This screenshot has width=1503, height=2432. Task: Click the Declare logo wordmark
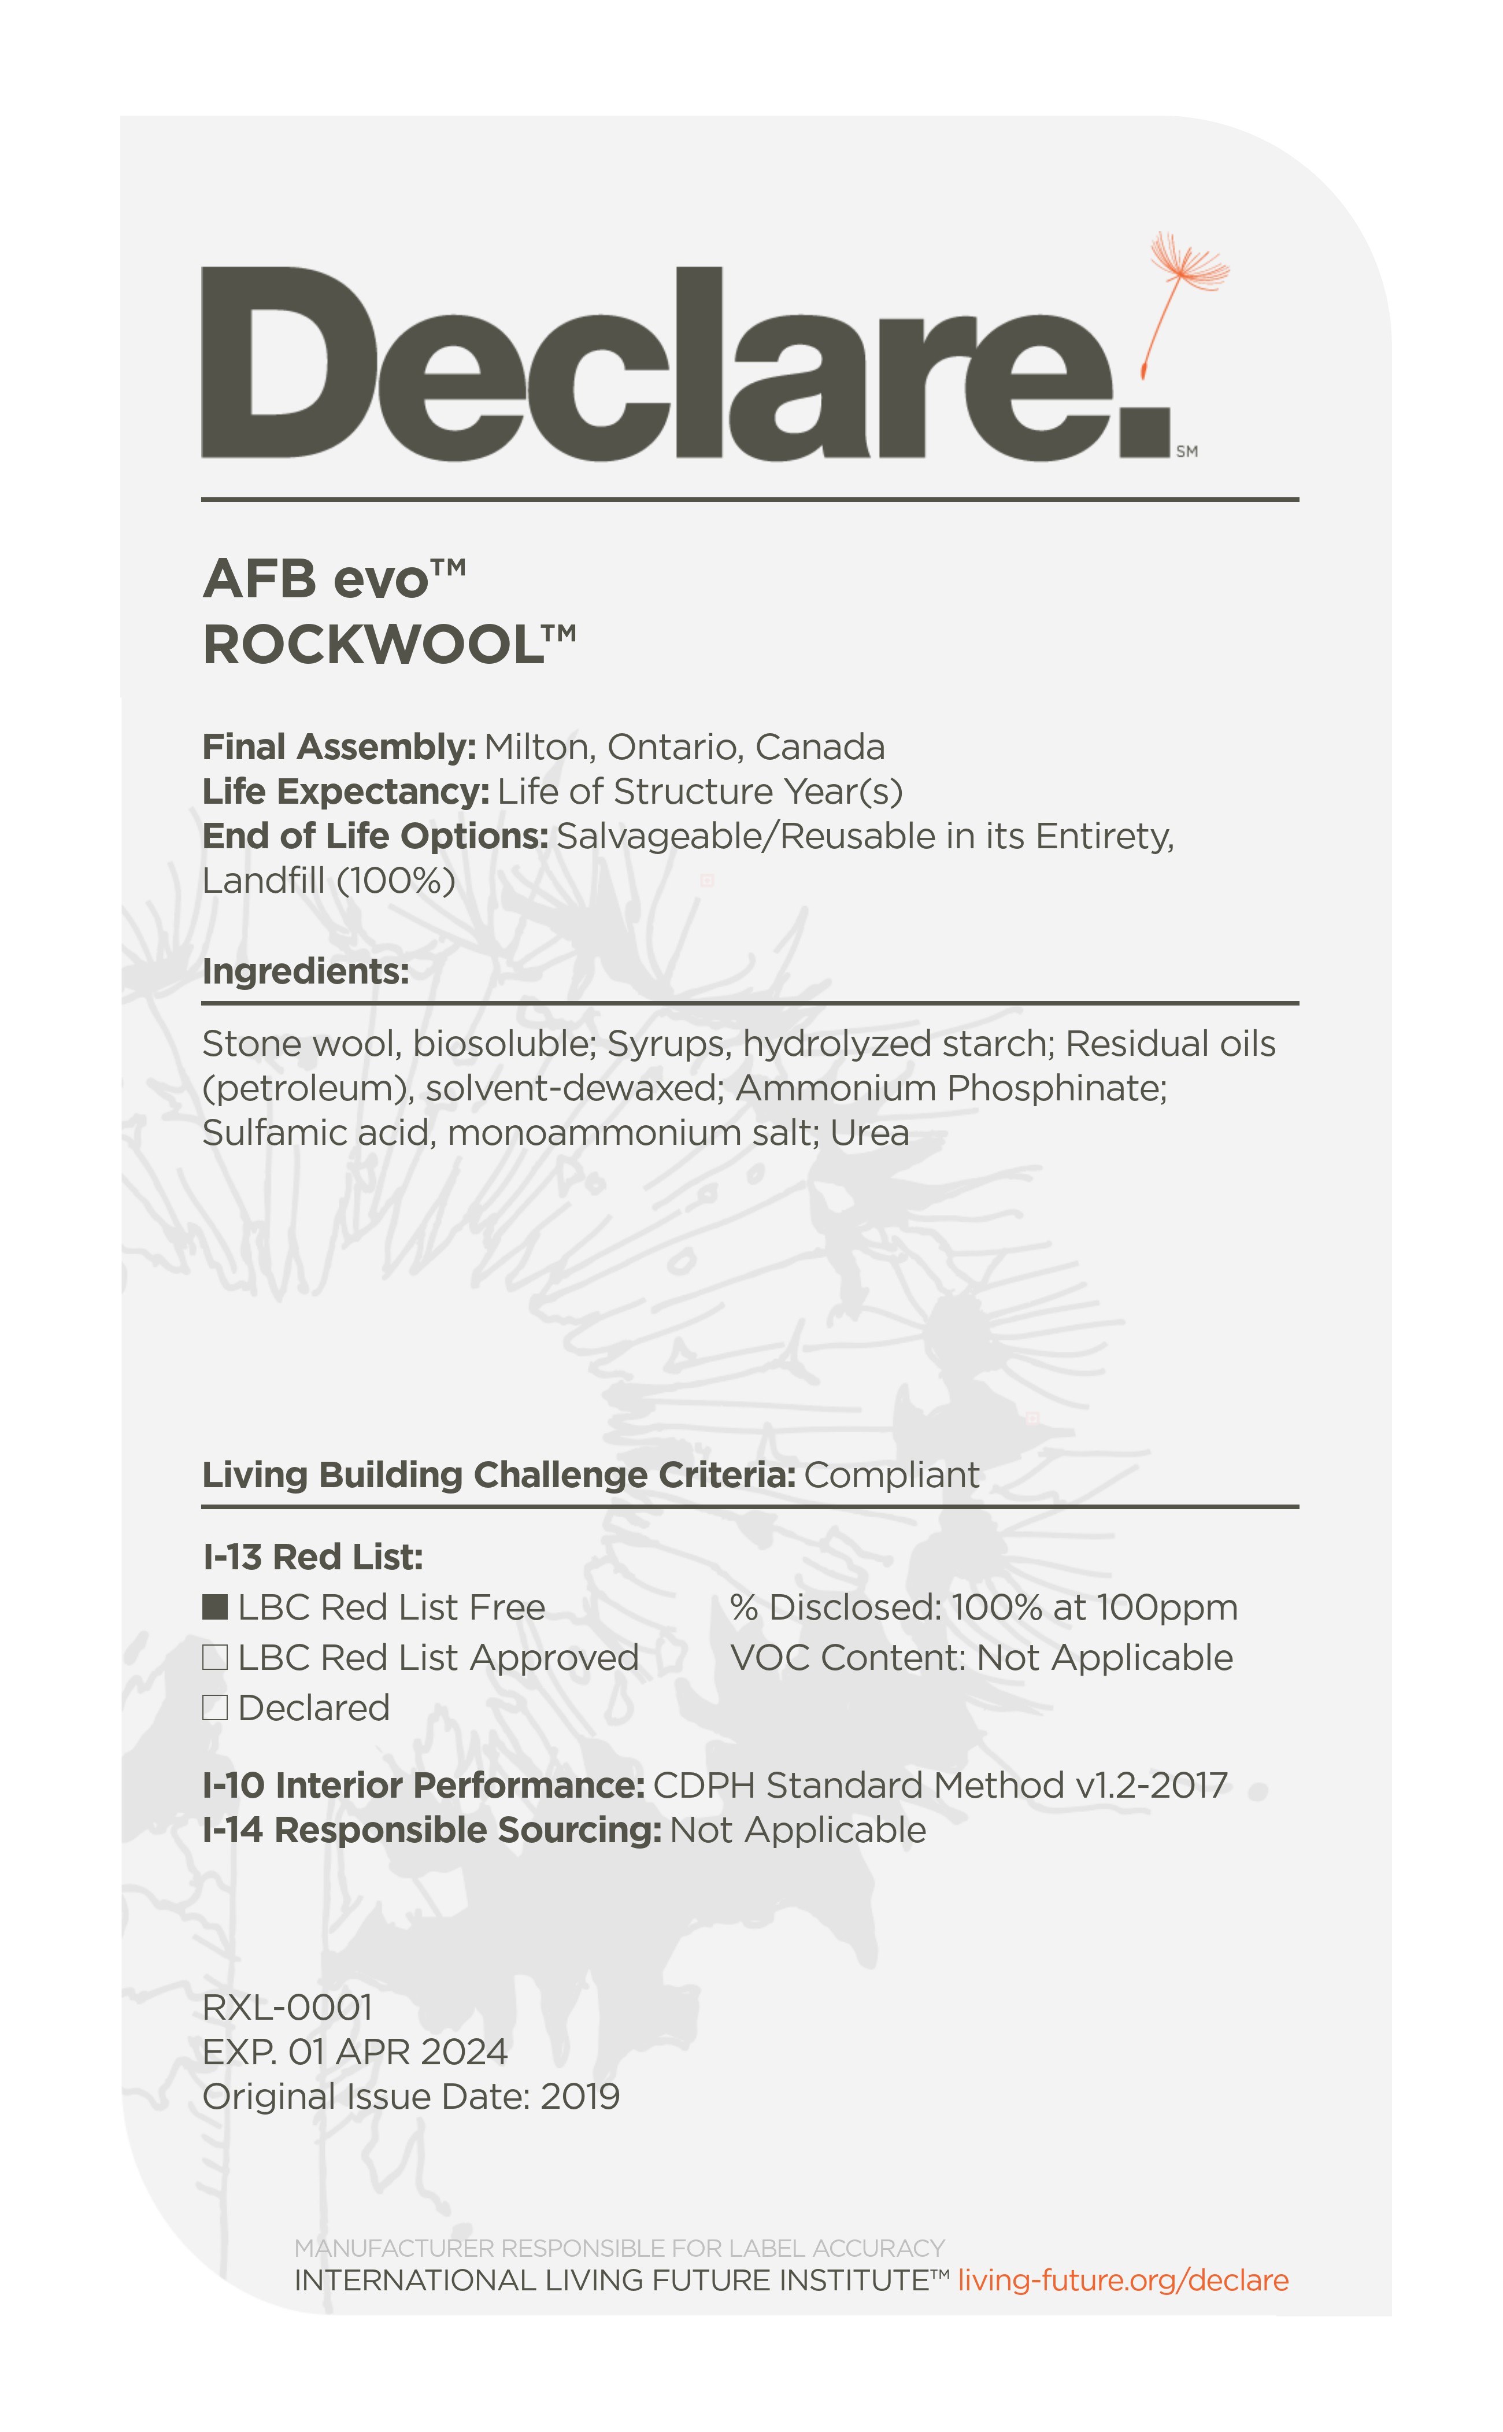(686, 363)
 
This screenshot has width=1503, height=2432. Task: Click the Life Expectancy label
(345, 792)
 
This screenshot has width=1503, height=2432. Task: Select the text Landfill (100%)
(328, 881)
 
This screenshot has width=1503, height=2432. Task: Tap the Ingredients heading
(305, 971)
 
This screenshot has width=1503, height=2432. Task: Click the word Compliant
(891, 1474)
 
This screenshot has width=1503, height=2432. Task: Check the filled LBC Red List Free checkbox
(214, 1607)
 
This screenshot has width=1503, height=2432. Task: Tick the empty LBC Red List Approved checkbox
(214, 1657)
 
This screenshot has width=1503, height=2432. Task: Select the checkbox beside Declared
(214, 1707)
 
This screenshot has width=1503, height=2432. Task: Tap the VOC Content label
(848, 1657)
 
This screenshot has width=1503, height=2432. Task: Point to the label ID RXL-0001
(287, 2008)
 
